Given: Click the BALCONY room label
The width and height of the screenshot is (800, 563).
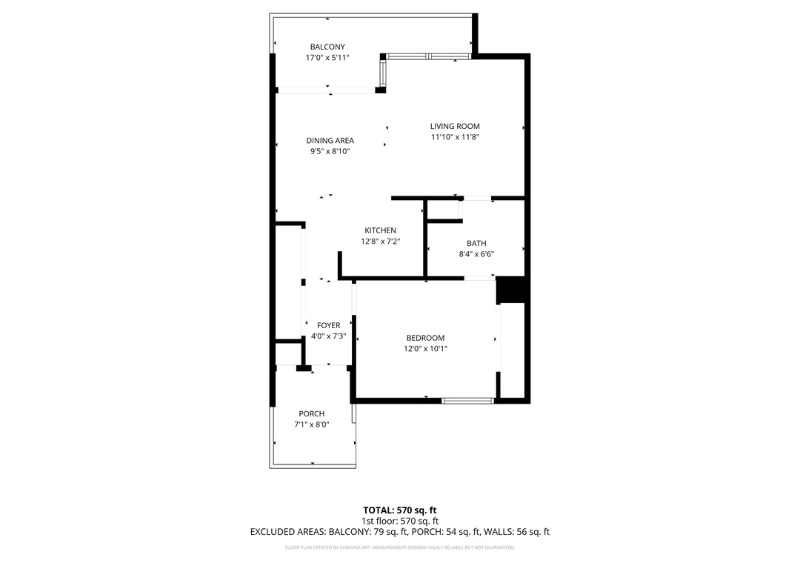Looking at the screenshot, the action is click(327, 47).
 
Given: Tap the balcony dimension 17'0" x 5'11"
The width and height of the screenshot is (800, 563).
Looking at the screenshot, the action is click(327, 58).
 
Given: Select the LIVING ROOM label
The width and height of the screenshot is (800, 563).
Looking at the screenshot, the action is click(455, 126).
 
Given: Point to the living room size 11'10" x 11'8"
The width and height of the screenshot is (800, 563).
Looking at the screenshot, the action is click(455, 137).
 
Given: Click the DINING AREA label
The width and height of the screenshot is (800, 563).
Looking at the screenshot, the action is click(330, 140).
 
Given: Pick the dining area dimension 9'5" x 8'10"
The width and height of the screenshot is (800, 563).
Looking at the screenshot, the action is click(330, 151).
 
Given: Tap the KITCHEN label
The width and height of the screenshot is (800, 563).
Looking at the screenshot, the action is click(381, 230).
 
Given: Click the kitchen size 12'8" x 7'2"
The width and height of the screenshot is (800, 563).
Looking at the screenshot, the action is click(381, 241).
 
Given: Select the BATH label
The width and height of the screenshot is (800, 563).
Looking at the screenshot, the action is click(476, 244).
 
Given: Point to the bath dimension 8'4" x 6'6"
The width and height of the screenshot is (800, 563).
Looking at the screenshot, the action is click(476, 254).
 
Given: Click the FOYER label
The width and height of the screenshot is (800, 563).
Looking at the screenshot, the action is click(329, 325).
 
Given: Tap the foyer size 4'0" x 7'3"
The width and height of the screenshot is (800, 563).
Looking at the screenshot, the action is click(329, 336).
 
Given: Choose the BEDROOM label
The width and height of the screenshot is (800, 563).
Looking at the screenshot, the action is click(425, 338).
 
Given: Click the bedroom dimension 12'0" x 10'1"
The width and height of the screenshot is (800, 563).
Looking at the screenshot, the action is click(425, 349).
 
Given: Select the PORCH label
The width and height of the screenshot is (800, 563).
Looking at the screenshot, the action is click(312, 414).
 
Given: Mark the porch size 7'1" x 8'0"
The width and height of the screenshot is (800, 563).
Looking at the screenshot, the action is click(312, 424).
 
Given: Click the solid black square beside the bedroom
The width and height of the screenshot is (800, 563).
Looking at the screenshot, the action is click(510, 290).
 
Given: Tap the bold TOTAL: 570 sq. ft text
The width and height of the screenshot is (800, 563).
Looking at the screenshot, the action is click(400, 510).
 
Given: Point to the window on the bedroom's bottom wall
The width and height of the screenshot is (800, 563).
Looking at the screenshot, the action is click(468, 401).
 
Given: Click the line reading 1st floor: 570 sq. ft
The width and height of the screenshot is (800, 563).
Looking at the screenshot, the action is click(400, 521).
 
